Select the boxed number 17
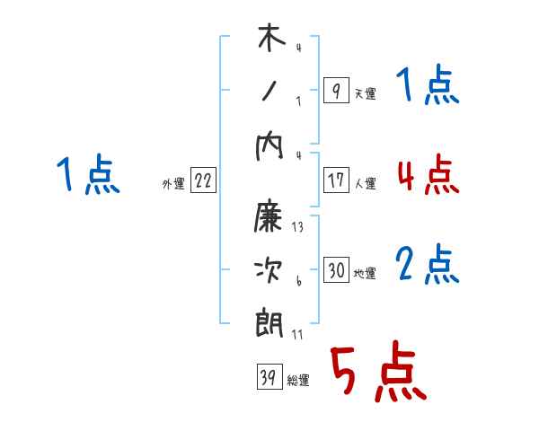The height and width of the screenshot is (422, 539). tap(335, 180)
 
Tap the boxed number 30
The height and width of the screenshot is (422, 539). tap(336, 270)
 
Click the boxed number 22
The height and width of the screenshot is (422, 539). tap(203, 181)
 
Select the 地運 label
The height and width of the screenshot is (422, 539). tap(365, 274)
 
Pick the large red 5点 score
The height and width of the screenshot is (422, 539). tap(376, 373)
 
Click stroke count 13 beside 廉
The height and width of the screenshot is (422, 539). tap(297, 228)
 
